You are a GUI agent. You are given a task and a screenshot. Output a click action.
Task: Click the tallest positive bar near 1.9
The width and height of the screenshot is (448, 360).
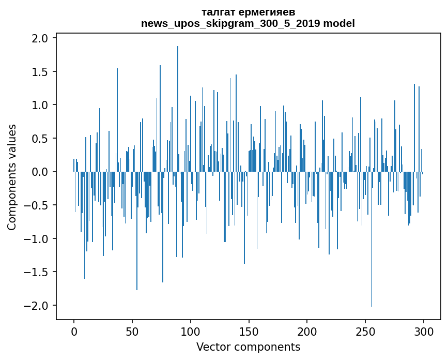coord(178,109)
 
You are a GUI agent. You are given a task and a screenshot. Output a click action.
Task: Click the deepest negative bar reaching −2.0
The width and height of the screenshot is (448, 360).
coord(371,239)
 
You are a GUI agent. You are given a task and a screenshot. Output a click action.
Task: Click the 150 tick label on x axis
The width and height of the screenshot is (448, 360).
coord(249,332)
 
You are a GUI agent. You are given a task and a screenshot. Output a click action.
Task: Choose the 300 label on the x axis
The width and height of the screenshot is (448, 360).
coord(423,332)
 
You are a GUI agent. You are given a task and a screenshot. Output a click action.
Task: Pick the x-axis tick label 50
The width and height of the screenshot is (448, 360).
coord(132,332)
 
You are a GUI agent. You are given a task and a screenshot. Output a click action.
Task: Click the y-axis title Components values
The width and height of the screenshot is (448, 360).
coord(12,177)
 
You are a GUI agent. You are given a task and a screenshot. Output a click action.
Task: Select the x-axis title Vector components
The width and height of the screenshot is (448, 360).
coord(248,347)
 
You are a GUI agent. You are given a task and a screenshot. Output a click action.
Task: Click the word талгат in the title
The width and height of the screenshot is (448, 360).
coord(218,12)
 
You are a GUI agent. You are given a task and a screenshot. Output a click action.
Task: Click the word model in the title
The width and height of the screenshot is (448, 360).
coord(339,23)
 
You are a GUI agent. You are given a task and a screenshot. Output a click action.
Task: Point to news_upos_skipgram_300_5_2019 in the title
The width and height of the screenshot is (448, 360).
coord(230,24)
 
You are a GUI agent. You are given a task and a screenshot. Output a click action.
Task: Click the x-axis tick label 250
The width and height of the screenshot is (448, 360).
coord(365,332)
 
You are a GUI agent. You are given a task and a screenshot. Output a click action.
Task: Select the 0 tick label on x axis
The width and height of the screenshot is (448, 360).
coord(74,332)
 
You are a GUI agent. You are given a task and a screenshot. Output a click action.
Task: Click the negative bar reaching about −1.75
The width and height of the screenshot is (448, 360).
coord(137,231)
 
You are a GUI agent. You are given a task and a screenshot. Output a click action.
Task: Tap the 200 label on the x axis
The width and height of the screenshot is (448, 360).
coord(307,332)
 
